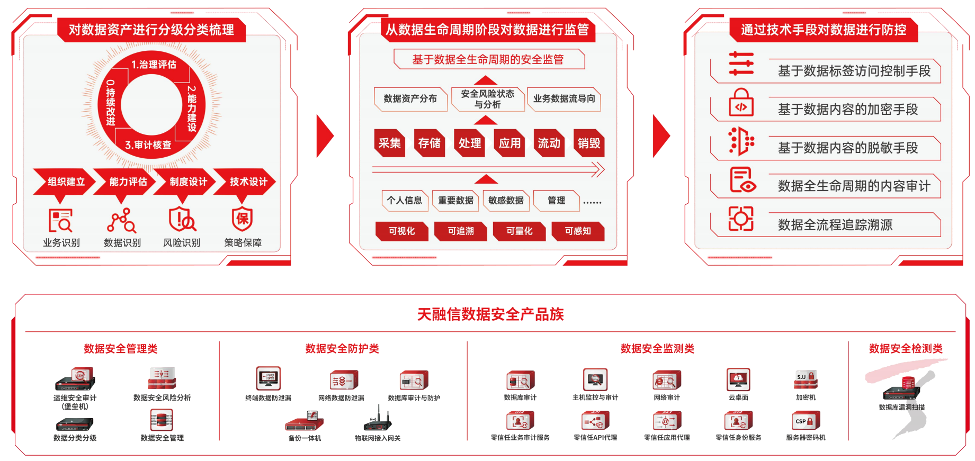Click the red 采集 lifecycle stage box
point(389,143)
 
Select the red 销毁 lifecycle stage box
point(589,143)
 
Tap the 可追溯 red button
point(460,231)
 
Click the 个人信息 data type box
point(405,201)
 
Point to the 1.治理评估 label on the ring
point(154,65)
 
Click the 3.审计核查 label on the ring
point(148,145)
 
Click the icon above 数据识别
point(122,220)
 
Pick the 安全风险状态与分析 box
point(487,99)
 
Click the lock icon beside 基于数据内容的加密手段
point(741,103)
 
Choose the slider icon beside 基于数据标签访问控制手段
point(741,64)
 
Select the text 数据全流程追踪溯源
point(835,225)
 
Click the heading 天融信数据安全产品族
point(490,314)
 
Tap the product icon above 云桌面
point(738,379)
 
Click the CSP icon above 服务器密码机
point(806,421)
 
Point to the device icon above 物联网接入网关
point(378,419)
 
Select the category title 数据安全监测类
point(657,349)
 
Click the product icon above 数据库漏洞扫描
point(901,390)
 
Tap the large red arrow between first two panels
point(325,136)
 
